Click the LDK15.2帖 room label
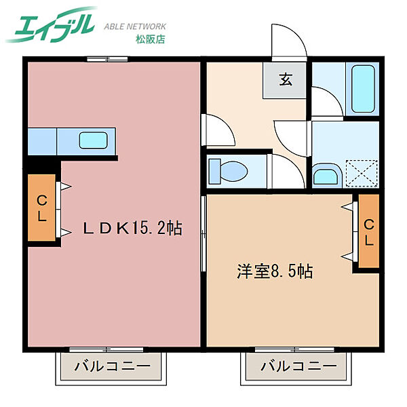pos(132,228)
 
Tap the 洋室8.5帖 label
pos(274,271)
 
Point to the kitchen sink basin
pos(92,140)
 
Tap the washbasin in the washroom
pos(328,176)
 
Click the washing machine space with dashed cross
pos(360,172)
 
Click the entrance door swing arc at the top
pos(288,42)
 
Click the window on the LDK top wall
pos(107,58)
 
